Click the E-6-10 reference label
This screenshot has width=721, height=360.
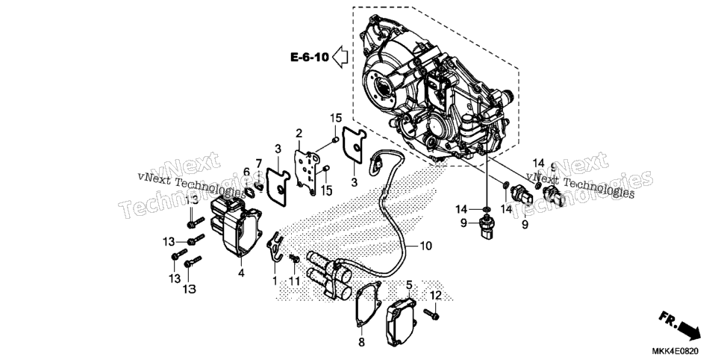tap(310, 57)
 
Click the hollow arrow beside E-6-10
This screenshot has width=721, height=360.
tap(340, 57)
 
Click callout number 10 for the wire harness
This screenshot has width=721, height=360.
tap(425, 246)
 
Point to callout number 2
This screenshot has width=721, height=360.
tap(299, 134)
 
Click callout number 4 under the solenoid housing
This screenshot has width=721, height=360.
tap(241, 273)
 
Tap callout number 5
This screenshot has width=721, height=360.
tap(409, 285)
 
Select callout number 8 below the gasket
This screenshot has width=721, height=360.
tap(361, 342)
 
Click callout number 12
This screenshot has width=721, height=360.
tap(435, 295)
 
